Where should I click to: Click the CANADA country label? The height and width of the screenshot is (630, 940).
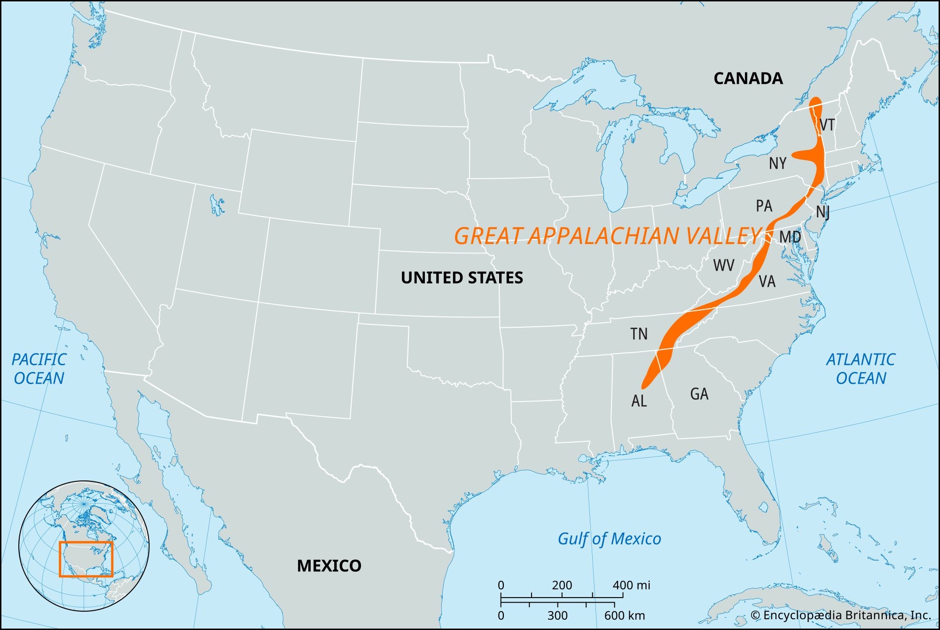coord(748,78)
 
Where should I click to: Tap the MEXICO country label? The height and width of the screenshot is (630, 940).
coord(329,566)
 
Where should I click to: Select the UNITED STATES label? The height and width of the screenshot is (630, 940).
coord(462,278)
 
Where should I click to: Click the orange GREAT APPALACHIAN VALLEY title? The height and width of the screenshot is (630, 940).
coord(607,236)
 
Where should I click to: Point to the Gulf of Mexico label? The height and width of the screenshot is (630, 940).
coord(609,539)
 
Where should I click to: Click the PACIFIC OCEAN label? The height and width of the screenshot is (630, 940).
coord(39,369)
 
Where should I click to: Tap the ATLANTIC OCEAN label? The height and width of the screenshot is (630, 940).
coord(861,369)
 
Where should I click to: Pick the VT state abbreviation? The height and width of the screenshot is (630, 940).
coord(827,125)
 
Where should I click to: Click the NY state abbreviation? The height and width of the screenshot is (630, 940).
coord(777,164)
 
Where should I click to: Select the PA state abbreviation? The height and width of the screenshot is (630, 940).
coord(764,206)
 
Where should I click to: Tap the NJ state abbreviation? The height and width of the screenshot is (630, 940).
coord(822,212)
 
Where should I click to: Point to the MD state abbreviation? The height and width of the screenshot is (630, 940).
coord(790,237)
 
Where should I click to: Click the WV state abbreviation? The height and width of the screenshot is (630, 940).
coord(723,265)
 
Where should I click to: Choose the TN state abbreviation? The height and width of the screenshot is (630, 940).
coord(639,334)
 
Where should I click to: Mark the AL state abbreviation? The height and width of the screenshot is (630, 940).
coord(639,401)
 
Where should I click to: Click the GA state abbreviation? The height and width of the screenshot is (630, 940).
coord(699,394)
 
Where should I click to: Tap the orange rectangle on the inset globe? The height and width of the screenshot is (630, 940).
coord(86,559)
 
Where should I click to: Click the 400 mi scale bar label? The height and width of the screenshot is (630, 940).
coord(631,585)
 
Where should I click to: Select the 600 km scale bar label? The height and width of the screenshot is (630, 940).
coord(625,615)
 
